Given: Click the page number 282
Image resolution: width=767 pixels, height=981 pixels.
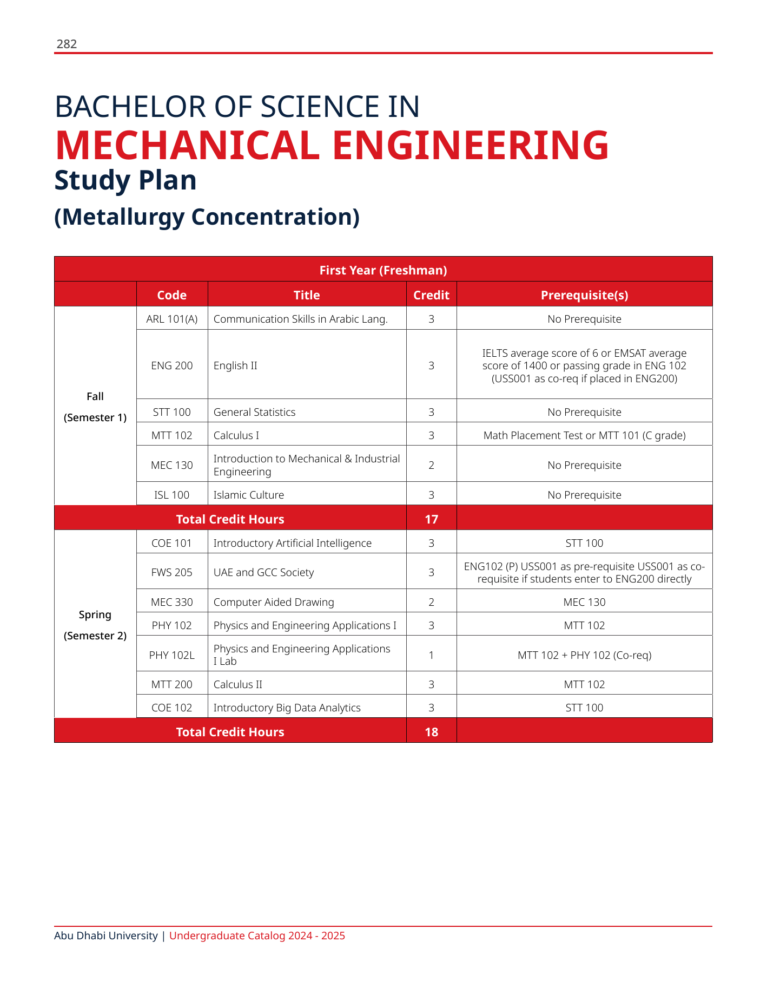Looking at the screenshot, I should [67, 44].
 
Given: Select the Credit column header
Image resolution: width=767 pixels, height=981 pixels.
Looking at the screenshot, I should [431, 295].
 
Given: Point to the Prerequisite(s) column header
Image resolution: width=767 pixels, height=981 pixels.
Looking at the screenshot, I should [584, 295].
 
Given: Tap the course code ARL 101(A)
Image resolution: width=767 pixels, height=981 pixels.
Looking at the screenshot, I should [172, 319].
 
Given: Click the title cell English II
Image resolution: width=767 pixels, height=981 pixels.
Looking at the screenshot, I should [235, 365].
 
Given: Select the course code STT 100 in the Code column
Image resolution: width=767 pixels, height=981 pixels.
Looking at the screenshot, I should [172, 412].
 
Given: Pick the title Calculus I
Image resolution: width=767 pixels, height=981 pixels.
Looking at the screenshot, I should [236, 435].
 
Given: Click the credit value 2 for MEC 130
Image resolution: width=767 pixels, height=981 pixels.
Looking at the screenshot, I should [431, 465].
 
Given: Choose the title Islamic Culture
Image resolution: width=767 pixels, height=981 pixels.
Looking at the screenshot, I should [248, 495].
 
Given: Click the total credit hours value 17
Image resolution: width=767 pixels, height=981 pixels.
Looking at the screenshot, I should [431, 519].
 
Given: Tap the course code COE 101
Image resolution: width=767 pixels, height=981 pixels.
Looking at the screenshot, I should [172, 543].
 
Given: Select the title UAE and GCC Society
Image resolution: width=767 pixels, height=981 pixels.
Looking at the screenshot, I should [263, 572].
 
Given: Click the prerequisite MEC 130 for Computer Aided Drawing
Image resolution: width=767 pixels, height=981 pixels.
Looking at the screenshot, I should [584, 602].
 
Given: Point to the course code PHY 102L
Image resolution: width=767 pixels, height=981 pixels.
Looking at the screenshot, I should [172, 655].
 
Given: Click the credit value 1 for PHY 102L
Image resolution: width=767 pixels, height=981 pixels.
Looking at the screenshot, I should [431, 655].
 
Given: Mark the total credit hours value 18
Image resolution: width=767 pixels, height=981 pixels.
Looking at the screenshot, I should [431, 732].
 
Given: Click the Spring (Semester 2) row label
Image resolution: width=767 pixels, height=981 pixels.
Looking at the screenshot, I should [95, 625].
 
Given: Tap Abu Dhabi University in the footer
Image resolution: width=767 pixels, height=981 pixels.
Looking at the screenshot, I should [106, 936].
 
